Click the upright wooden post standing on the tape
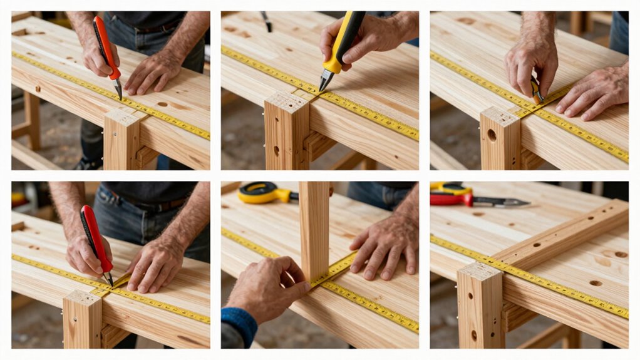tap(314, 229)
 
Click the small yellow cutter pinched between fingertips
tap(536, 91)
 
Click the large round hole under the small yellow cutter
tap(492, 135)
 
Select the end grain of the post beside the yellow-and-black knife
tap(287, 101)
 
